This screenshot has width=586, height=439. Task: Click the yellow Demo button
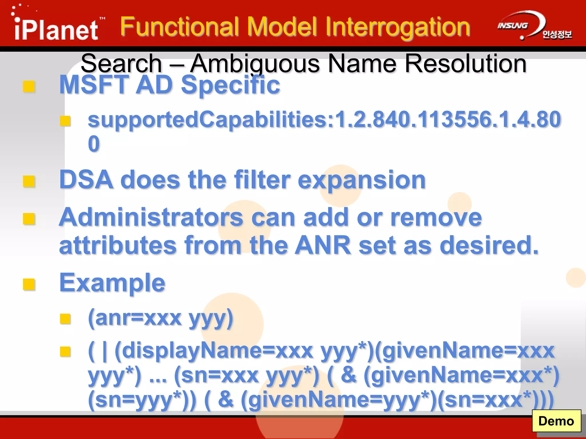pos(556,421)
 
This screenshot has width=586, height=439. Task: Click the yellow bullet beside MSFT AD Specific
pos(29,86)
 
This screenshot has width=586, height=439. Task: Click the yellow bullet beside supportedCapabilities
pos(65,121)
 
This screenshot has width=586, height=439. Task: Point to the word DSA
pos(86,180)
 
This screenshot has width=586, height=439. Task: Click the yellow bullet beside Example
pos(29,284)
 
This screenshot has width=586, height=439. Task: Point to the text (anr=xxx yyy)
pos(161,318)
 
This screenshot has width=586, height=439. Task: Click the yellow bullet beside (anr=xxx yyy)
pos(65,319)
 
